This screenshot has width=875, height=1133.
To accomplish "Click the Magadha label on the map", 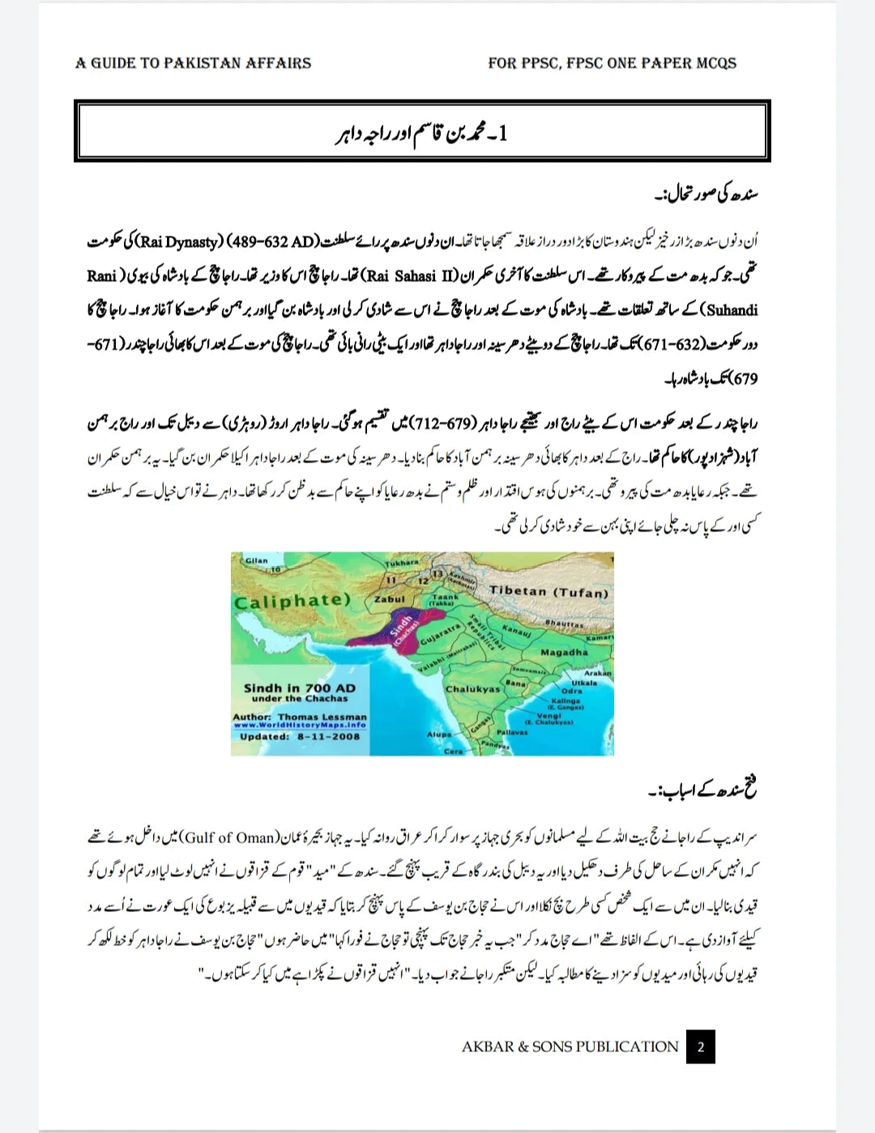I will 564,652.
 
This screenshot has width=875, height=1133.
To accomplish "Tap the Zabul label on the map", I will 389,599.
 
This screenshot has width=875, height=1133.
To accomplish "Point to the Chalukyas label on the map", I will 473,689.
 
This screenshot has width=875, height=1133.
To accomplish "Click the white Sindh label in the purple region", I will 400,626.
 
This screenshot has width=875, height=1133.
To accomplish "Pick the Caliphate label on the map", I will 292,601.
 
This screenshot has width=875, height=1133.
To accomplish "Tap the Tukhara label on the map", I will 402,562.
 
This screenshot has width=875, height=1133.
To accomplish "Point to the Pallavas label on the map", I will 512,732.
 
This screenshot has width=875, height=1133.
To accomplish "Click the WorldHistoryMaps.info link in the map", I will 300,726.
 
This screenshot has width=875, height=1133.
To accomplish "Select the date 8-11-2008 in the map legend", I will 328,737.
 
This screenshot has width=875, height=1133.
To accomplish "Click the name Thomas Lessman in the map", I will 322,717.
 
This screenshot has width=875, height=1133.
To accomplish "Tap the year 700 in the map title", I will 317,688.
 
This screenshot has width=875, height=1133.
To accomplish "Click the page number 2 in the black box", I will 701,1046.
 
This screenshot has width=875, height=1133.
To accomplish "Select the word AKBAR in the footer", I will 488,1046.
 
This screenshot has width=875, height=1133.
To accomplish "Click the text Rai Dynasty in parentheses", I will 179,241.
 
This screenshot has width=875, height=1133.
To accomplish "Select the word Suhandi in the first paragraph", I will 732,309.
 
